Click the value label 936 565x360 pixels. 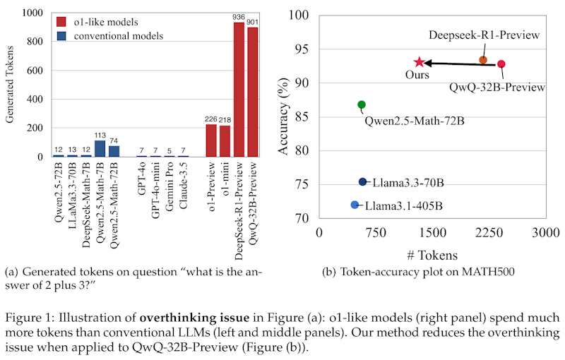(239, 18)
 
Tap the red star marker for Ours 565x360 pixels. (420, 63)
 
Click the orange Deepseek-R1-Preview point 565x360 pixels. (483, 60)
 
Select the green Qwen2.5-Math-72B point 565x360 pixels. (362, 104)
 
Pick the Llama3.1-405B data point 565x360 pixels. (355, 205)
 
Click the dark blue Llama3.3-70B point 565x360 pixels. (363, 181)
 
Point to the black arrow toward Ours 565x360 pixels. (459, 64)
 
